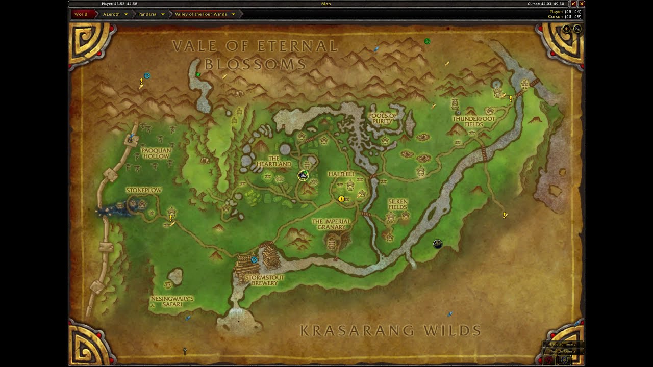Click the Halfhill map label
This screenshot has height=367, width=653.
tap(341, 174)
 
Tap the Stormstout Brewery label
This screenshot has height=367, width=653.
tap(264, 280)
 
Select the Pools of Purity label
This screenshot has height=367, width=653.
tap(383, 118)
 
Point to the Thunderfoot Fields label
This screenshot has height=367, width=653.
tap(474, 121)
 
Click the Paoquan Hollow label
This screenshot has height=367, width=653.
tap(156, 153)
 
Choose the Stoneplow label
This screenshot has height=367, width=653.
tap(144, 190)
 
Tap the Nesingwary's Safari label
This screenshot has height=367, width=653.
tap(172, 301)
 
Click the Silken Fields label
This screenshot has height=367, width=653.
tap(398, 204)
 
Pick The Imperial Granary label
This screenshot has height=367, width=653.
tap(332, 224)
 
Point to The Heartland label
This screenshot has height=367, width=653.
tap(274, 161)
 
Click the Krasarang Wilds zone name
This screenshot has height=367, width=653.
tap(390, 331)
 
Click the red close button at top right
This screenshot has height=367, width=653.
tap(581, 4)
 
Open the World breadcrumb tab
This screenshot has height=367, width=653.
tap(81, 14)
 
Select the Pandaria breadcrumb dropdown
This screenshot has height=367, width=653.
tap(151, 14)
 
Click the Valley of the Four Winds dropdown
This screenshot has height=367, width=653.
tap(205, 14)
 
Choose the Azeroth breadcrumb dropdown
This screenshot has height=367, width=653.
tap(115, 14)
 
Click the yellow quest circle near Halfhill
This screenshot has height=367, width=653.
tap(341, 199)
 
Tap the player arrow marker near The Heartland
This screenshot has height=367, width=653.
tap(303, 176)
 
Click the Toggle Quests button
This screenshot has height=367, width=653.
tap(563, 351)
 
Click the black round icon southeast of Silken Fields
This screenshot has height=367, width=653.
tap(437, 244)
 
